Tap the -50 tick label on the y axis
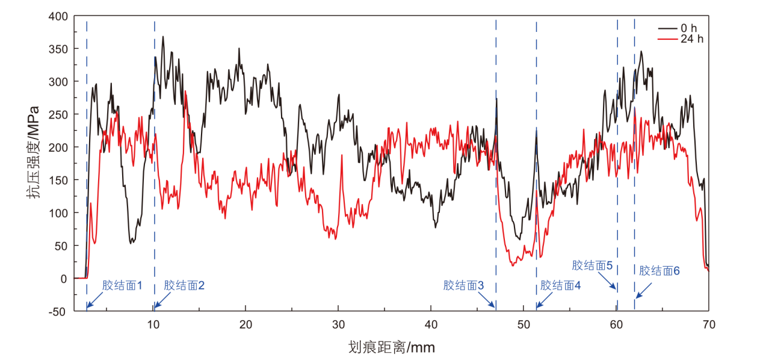click(58, 311)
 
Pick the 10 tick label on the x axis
click(154, 324)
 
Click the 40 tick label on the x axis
click(431, 324)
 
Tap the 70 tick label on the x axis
click(708, 324)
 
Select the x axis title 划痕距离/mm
click(391, 347)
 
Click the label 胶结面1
click(122, 285)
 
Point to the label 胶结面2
click(184, 285)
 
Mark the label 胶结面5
click(592, 265)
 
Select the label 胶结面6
click(660, 271)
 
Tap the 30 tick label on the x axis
click(338, 324)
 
